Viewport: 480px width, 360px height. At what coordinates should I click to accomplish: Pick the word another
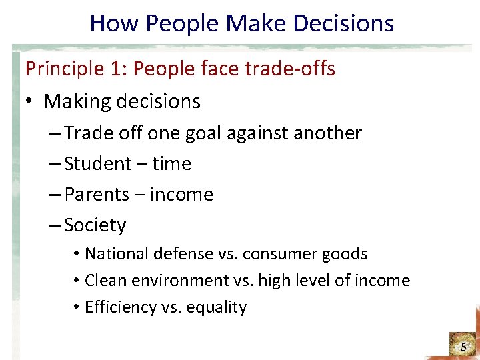pos(327,133)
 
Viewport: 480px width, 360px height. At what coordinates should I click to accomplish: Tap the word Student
pos(97,164)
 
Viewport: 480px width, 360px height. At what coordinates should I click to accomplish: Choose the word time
pos(171,164)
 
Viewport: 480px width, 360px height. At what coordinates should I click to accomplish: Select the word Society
pos(95,225)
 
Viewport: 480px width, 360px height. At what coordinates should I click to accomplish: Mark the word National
pos(117,254)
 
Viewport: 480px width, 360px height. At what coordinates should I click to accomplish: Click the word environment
pos(177,281)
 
